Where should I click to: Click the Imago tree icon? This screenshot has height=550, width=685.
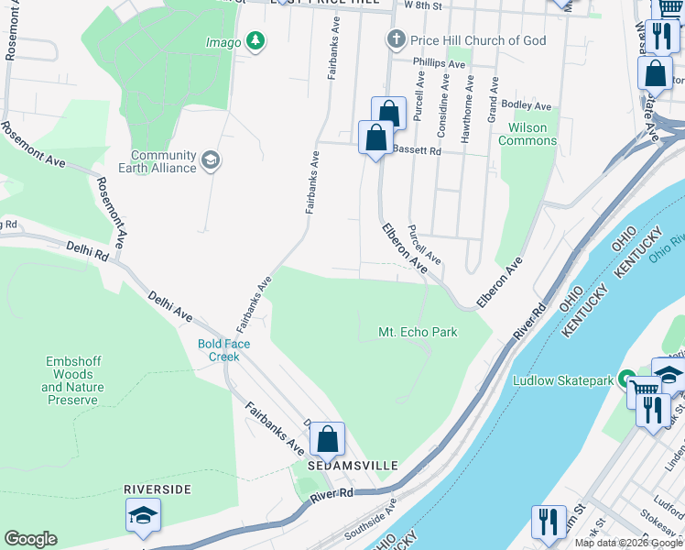[x=258, y=41]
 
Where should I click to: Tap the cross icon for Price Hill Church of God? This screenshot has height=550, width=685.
[x=396, y=39]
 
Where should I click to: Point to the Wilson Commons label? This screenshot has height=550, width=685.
[x=527, y=135]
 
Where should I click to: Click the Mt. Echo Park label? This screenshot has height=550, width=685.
[x=418, y=332]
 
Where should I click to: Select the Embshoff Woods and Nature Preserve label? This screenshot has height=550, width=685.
[x=72, y=380]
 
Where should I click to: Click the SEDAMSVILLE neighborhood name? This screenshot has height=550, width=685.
[x=353, y=466]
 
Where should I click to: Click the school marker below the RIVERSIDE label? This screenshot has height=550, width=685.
[x=142, y=516]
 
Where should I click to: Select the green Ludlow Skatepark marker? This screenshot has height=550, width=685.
[x=627, y=379]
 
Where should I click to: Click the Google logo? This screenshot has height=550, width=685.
[x=30, y=539]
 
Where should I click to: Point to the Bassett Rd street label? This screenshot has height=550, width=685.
[x=417, y=149]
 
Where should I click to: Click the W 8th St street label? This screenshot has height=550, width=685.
[x=423, y=5]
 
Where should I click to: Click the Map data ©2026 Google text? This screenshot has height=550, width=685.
[x=629, y=543]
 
